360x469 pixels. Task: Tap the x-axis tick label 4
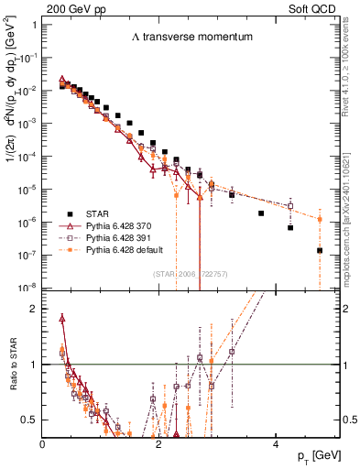276,442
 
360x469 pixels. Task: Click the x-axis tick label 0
43,442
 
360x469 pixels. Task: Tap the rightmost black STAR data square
320,250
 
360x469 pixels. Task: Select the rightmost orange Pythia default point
320,219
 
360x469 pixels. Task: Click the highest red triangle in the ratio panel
62,319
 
